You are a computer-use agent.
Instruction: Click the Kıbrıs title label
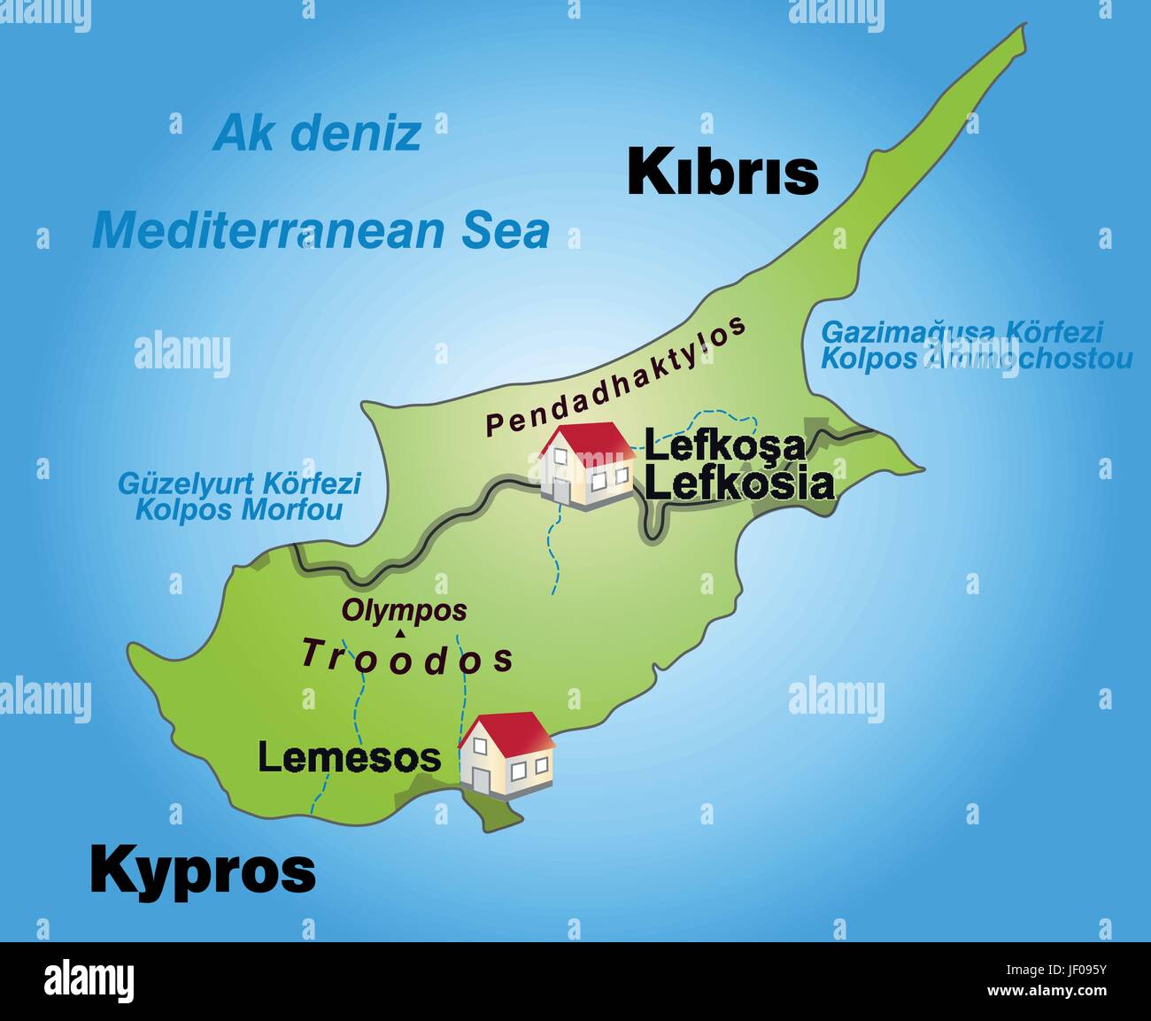(722, 172)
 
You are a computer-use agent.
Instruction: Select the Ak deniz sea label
(316, 133)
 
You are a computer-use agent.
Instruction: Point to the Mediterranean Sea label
(321, 230)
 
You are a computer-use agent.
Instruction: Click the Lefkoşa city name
(724, 445)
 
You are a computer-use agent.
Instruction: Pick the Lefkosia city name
(738, 483)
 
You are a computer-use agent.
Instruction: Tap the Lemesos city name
(349, 757)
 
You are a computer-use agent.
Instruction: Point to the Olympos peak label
(404, 610)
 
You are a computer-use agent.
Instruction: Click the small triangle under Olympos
(401, 632)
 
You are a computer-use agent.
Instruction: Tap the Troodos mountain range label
(407, 657)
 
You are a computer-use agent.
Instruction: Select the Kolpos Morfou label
(238, 510)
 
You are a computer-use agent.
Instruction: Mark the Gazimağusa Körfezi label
(962, 332)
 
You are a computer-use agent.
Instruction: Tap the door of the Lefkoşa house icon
(560, 490)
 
